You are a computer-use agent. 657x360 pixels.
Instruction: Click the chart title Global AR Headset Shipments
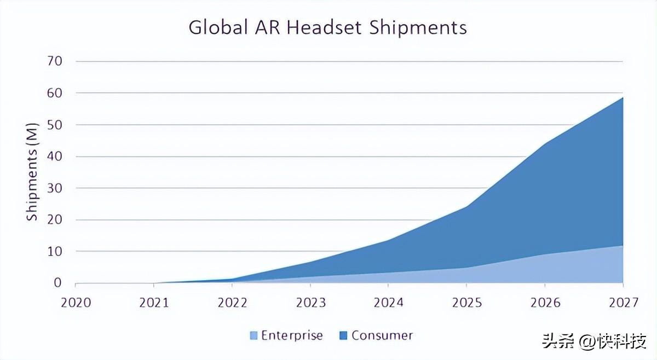tap(327, 27)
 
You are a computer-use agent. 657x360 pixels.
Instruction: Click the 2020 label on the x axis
tap(76, 303)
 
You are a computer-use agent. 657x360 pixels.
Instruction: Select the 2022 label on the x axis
tap(232, 303)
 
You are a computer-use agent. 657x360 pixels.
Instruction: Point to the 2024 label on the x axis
tap(388, 303)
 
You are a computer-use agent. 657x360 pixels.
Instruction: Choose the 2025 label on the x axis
tap(466, 303)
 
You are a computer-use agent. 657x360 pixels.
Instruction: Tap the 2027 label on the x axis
tap(623, 303)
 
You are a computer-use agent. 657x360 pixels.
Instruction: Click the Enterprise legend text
tap(292, 335)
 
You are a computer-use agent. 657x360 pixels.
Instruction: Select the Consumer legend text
tap(382, 335)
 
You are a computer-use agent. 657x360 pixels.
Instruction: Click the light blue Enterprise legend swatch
tap(253, 336)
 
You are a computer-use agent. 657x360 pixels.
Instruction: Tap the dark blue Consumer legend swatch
tap(344, 336)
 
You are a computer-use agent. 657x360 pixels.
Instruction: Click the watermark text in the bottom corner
tap(595, 342)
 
